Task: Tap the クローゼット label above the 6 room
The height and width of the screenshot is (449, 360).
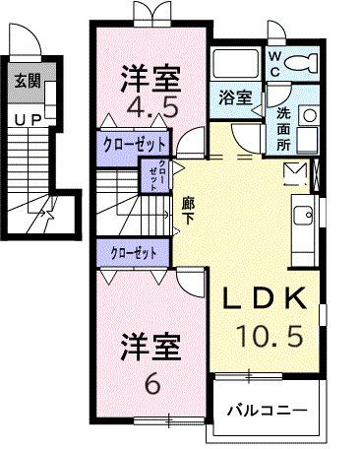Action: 134,252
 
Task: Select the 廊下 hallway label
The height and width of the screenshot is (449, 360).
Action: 187,210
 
